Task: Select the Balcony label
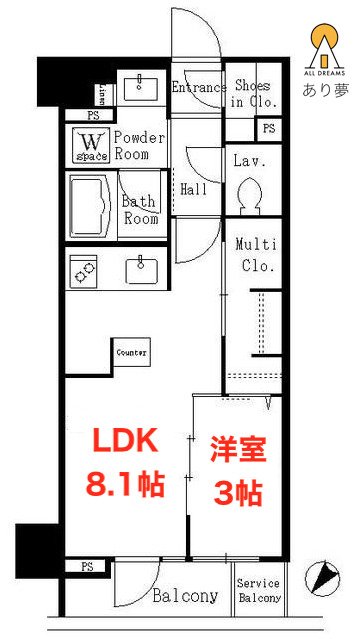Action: click(x=185, y=596)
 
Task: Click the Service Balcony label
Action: click(x=258, y=591)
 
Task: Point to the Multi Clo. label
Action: click(x=254, y=255)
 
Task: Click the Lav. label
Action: click(x=247, y=160)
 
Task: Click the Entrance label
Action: click(x=198, y=87)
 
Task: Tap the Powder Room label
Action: click(x=138, y=146)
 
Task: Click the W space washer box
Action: click(x=90, y=147)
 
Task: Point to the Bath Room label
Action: click(x=140, y=209)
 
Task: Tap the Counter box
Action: click(x=131, y=353)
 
